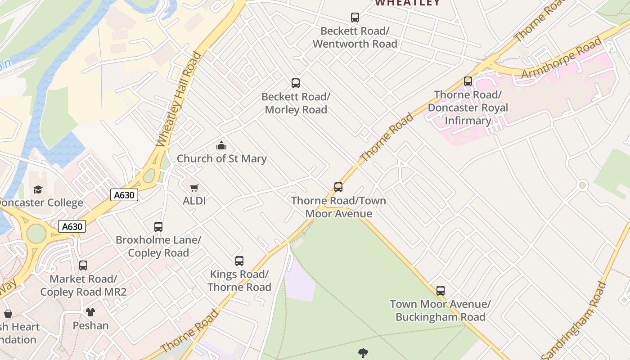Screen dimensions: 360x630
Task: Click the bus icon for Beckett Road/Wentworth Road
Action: (x=355, y=18)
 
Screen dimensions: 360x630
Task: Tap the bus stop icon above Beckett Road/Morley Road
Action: (x=296, y=83)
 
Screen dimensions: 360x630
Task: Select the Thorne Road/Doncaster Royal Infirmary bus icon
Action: (x=468, y=81)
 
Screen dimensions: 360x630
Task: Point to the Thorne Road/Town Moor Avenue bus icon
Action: (x=338, y=187)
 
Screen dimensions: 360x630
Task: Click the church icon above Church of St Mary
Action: (x=221, y=145)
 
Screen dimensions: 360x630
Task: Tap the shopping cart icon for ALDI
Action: (x=194, y=188)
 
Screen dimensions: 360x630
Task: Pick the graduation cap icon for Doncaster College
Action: (x=38, y=190)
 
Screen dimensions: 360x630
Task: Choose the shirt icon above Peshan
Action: (x=90, y=312)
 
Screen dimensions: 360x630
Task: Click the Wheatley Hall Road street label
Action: (x=179, y=99)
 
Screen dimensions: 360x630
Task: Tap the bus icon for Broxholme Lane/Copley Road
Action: (x=158, y=227)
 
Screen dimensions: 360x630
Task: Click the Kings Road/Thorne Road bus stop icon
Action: (x=239, y=261)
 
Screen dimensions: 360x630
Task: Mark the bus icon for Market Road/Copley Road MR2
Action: (x=83, y=265)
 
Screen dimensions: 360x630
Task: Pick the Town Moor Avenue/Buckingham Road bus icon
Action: (x=441, y=291)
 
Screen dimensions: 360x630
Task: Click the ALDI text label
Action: (x=194, y=201)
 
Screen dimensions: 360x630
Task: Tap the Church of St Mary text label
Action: (x=221, y=158)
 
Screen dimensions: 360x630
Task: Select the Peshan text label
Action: (x=90, y=325)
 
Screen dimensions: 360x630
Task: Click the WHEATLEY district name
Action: (x=408, y=3)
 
